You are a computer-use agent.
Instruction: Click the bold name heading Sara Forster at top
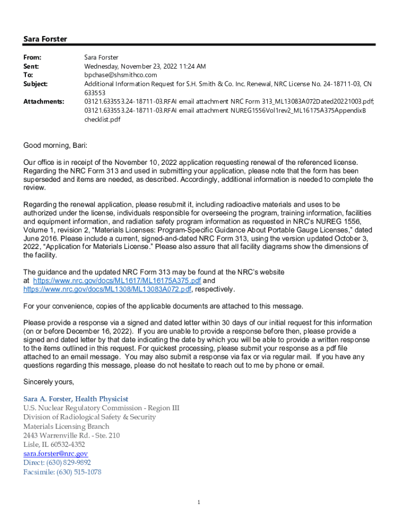pyautogui.click(x=45, y=39)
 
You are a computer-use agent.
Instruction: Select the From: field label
pyautogui.click(x=32, y=58)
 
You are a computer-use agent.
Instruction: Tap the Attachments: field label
pyautogui.click(x=44, y=102)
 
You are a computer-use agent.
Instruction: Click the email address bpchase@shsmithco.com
pyautogui.click(x=120, y=75)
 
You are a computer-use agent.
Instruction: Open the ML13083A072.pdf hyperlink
pyautogui.click(x=107, y=289)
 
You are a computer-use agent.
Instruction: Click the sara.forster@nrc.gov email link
pyautogui.click(x=52, y=454)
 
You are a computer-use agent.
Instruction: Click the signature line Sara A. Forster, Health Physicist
pyautogui.click(x=75, y=399)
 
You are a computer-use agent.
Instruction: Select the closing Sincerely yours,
pyautogui.click(x=49, y=382)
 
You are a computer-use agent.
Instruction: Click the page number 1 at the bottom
pyautogui.click(x=198, y=503)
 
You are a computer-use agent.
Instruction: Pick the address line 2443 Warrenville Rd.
pyautogui.click(x=71, y=435)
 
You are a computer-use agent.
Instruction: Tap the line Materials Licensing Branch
pyautogui.click(x=66, y=426)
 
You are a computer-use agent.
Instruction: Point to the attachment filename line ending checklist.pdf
pyautogui.click(x=102, y=119)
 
